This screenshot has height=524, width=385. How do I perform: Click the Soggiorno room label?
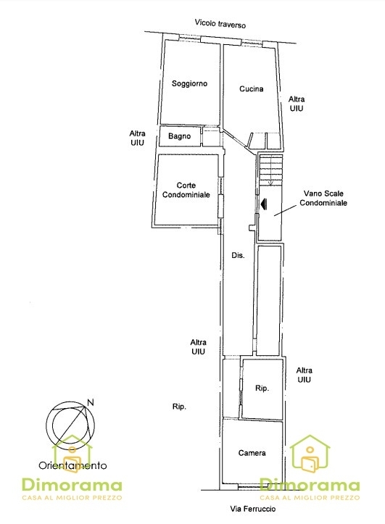[x=189, y=83]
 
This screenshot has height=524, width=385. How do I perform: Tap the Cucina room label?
[x=252, y=88]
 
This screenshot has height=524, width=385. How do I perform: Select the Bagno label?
[x=180, y=136]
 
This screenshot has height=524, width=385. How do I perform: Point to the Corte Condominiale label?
[x=186, y=190]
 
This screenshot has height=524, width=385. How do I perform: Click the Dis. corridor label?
[x=238, y=255]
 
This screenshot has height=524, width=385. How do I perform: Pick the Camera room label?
[x=252, y=453]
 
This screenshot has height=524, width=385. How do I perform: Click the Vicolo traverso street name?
[x=220, y=23]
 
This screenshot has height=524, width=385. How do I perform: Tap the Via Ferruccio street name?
[x=253, y=509]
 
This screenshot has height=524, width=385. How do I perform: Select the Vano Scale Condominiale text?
[x=323, y=198]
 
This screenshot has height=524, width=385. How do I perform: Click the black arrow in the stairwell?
[x=264, y=204]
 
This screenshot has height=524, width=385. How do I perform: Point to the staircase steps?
[x=271, y=170]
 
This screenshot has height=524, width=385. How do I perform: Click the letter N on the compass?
[x=90, y=402]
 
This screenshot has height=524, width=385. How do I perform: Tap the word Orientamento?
[x=73, y=465]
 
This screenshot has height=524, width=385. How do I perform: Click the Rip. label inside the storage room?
[x=262, y=388]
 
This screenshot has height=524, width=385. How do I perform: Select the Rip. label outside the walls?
[x=179, y=407]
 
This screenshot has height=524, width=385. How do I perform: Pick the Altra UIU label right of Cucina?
[x=297, y=104]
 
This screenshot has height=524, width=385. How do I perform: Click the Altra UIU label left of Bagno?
[x=137, y=138]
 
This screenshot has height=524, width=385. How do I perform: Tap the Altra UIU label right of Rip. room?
[x=304, y=375]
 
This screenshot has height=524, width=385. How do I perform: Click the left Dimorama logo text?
[x=72, y=486]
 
